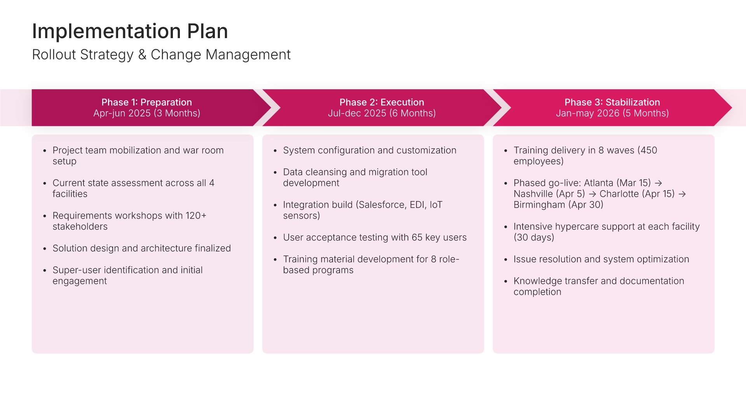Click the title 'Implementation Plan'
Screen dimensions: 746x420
pos(130,31)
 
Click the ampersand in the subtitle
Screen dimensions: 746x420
pos(142,55)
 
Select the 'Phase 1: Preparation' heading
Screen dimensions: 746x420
pos(146,102)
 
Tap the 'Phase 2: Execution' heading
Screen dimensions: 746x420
pos(382,102)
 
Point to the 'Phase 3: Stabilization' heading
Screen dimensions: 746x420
pos(612,102)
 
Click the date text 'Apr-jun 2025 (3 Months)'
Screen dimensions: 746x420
pos(146,113)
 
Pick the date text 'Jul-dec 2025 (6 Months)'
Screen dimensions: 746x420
pos(382,113)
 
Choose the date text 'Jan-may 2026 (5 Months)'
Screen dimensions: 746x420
pos(612,113)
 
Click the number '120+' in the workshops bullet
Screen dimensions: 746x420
pos(196,215)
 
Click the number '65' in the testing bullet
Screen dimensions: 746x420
pos(417,237)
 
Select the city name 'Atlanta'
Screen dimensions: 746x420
pos(598,183)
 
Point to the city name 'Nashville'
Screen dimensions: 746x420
pos(533,194)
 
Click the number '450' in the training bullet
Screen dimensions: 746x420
pos(649,150)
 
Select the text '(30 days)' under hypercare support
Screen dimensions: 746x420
pos(534,237)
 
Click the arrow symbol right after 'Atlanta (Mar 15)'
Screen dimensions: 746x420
pos(658,183)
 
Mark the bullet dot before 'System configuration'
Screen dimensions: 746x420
pos(275,150)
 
